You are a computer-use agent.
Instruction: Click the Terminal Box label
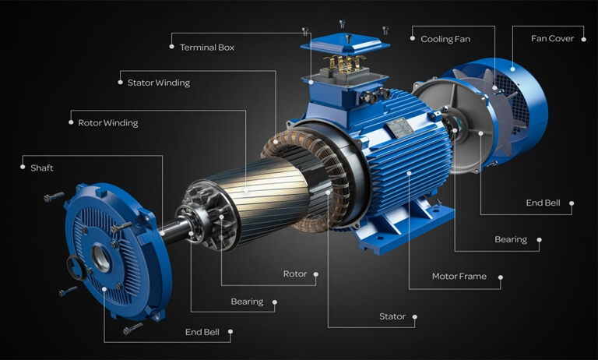click(206, 48)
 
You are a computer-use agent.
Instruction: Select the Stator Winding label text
click(158, 83)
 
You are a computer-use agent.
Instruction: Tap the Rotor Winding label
click(108, 123)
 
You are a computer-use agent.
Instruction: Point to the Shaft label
click(41, 168)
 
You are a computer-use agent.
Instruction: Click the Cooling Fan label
click(445, 39)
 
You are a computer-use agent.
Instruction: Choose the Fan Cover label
click(552, 38)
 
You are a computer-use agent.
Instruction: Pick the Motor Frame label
click(459, 277)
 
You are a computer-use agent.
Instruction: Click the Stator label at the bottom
click(392, 316)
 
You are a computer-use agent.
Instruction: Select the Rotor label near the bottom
click(294, 274)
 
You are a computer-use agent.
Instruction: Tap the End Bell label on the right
click(543, 203)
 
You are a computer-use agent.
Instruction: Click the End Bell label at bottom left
click(202, 332)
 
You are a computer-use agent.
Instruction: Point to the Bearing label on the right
click(511, 240)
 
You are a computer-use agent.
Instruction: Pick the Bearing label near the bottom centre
click(247, 302)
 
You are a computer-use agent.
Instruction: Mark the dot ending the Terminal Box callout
click(171, 47)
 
